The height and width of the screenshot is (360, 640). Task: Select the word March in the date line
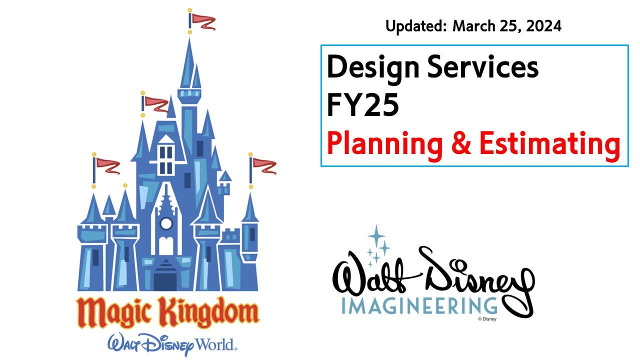[474, 26]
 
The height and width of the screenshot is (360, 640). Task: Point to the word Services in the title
[483, 67]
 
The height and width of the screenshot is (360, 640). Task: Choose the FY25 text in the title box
[362, 105]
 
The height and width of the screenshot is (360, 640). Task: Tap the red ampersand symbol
[461, 143]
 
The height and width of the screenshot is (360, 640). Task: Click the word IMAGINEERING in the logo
[419, 305]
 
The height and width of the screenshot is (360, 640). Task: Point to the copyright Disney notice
[487, 319]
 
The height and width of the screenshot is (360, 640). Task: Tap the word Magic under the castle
[113, 312]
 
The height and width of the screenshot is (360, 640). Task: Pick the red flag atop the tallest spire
[203, 22]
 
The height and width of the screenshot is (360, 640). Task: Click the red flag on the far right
[264, 166]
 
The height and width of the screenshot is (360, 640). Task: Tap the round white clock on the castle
[166, 223]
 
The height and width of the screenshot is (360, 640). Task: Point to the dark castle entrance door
[165, 281]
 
